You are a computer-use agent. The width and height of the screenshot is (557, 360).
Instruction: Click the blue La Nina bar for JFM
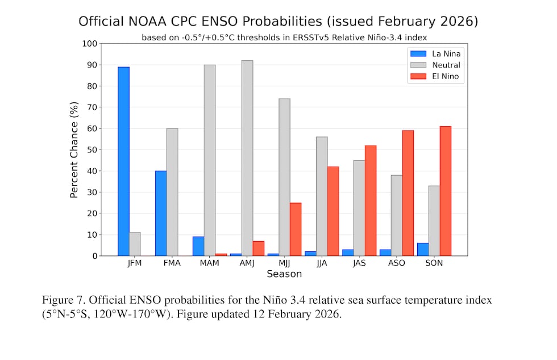point(123,162)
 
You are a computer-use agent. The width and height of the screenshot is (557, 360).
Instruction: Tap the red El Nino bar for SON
point(446,191)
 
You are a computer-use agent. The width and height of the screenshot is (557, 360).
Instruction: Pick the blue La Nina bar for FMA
point(161,213)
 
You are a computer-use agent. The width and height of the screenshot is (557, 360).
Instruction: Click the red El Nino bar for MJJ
point(296,229)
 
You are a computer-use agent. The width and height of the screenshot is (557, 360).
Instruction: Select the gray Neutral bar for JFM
point(135,244)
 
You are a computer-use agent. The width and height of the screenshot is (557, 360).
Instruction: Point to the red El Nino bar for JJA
point(333,211)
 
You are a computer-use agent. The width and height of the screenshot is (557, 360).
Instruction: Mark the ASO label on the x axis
point(397,263)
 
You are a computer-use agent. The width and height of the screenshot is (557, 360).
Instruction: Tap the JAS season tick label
point(359,263)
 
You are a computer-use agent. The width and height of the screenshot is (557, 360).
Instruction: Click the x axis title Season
point(284,274)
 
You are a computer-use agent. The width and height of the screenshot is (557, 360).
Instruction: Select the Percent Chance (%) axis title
point(74,150)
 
